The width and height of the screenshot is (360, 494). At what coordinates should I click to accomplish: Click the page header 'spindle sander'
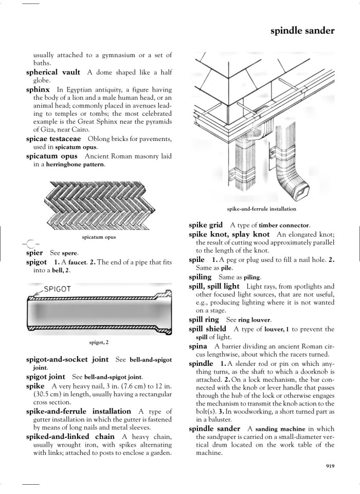302,31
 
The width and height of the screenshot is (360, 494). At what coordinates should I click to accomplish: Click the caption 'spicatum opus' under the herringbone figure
99,237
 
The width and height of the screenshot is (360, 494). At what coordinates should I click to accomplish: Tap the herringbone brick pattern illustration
99,206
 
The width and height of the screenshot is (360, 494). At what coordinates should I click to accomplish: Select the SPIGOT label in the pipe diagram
57,289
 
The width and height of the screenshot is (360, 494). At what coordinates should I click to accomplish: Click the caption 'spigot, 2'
99,342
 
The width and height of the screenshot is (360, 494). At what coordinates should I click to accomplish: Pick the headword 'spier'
34,253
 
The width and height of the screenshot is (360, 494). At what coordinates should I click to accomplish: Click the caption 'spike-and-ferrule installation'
261,209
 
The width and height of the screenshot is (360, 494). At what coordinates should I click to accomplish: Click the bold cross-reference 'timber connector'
284,225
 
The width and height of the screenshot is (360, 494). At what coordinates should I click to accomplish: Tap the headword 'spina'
198,347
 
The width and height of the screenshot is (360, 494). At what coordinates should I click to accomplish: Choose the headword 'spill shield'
207,329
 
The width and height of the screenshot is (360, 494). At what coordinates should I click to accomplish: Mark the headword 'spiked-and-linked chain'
70,436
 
